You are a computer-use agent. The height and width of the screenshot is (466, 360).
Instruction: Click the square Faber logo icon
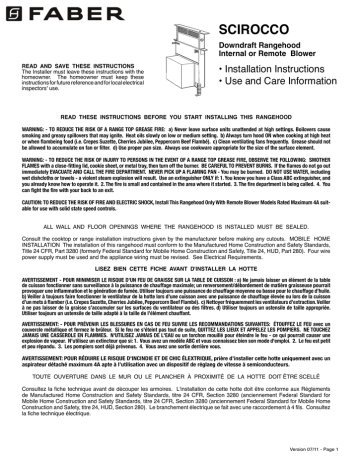[11, 12]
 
